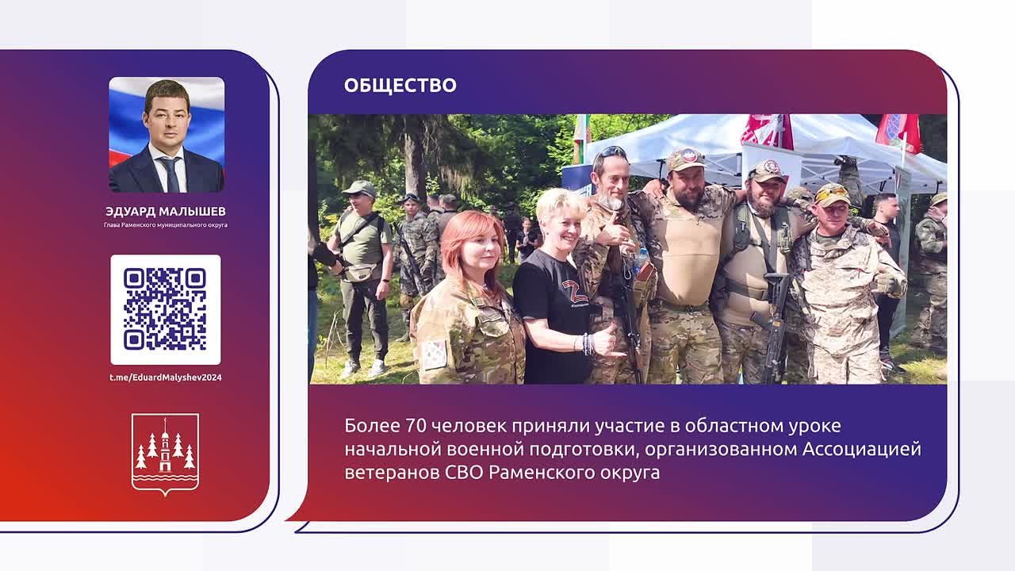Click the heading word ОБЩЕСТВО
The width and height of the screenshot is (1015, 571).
(x=400, y=85)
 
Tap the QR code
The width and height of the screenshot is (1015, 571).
(x=166, y=309)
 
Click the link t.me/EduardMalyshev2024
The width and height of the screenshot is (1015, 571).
(x=166, y=377)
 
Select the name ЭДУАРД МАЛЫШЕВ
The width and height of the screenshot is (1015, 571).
(x=166, y=211)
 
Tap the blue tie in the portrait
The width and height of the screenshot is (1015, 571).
(x=170, y=174)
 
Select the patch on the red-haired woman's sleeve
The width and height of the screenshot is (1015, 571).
(x=434, y=354)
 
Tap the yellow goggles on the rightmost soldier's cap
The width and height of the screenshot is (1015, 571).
(x=832, y=193)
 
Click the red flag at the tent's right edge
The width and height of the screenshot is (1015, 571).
(x=899, y=132)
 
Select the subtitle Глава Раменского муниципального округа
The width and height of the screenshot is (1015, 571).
(x=166, y=224)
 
